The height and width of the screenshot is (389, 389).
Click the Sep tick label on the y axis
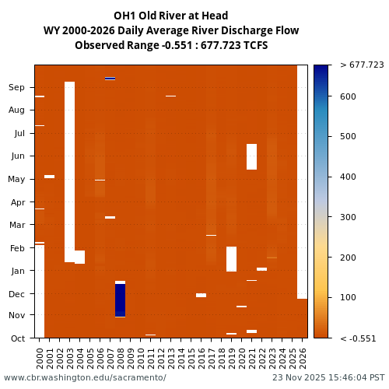(17, 88)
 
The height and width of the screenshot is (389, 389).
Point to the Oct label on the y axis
(17, 338)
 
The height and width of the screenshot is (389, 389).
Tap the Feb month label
(17, 248)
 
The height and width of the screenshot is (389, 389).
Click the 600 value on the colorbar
(349, 96)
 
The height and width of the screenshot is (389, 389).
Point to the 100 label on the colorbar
(349, 298)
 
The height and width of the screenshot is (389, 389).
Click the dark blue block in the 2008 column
(120, 300)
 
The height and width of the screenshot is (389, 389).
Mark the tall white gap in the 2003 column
(69, 171)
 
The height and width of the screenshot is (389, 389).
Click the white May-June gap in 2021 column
(251, 156)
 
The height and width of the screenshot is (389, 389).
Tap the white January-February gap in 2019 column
(231, 259)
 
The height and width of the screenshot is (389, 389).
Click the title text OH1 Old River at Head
(171, 16)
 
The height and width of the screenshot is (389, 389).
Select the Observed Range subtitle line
(171, 45)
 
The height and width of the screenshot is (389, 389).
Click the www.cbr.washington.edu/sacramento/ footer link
(85, 377)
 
